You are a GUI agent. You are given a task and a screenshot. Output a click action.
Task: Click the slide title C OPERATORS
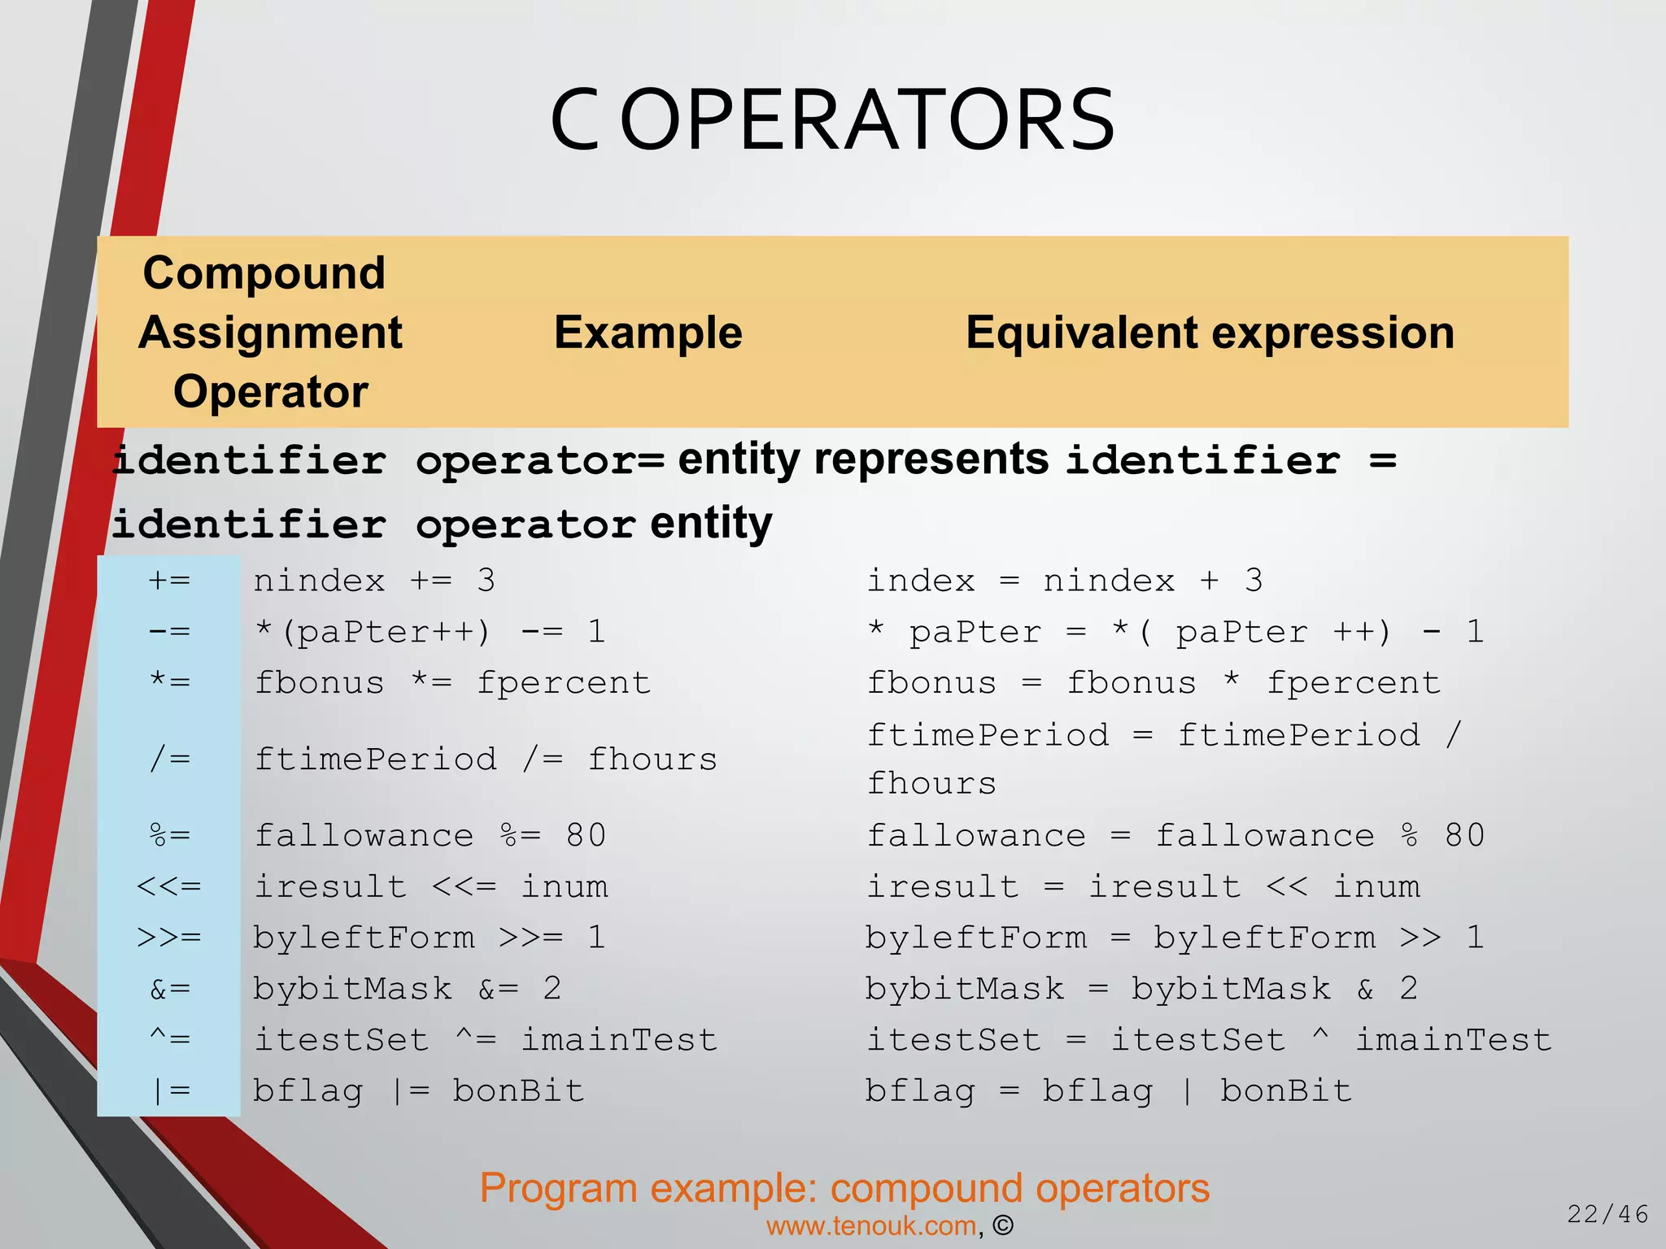(832, 120)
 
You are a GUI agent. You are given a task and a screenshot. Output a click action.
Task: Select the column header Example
(648, 333)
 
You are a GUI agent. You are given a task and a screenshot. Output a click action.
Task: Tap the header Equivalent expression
(1210, 333)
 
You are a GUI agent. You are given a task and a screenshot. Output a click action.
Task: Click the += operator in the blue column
(169, 581)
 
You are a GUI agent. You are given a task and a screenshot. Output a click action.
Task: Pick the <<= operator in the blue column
(169, 886)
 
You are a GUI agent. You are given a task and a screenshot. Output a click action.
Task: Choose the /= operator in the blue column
(169, 759)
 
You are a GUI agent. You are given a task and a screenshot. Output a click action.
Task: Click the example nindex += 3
(374, 581)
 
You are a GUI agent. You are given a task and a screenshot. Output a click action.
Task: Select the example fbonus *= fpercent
(452, 683)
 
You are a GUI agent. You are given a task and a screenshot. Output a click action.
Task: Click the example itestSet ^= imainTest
(486, 1040)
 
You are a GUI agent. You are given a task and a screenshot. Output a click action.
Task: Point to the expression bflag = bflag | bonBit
(1108, 1091)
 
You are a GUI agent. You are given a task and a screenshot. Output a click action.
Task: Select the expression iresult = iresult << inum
(1143, 886)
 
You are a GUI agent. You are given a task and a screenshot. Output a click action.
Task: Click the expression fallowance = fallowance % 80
(1175, 836)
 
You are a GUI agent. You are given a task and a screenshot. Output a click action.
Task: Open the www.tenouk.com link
(871, 1226)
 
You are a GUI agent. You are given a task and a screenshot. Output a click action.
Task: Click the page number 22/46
(1607, 1214)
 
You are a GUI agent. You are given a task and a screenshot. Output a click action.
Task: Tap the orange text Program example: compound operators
(844, 1188)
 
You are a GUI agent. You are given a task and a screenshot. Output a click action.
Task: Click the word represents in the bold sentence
(931, 459)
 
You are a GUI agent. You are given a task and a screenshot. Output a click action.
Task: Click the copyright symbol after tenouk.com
(1003, 1226)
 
